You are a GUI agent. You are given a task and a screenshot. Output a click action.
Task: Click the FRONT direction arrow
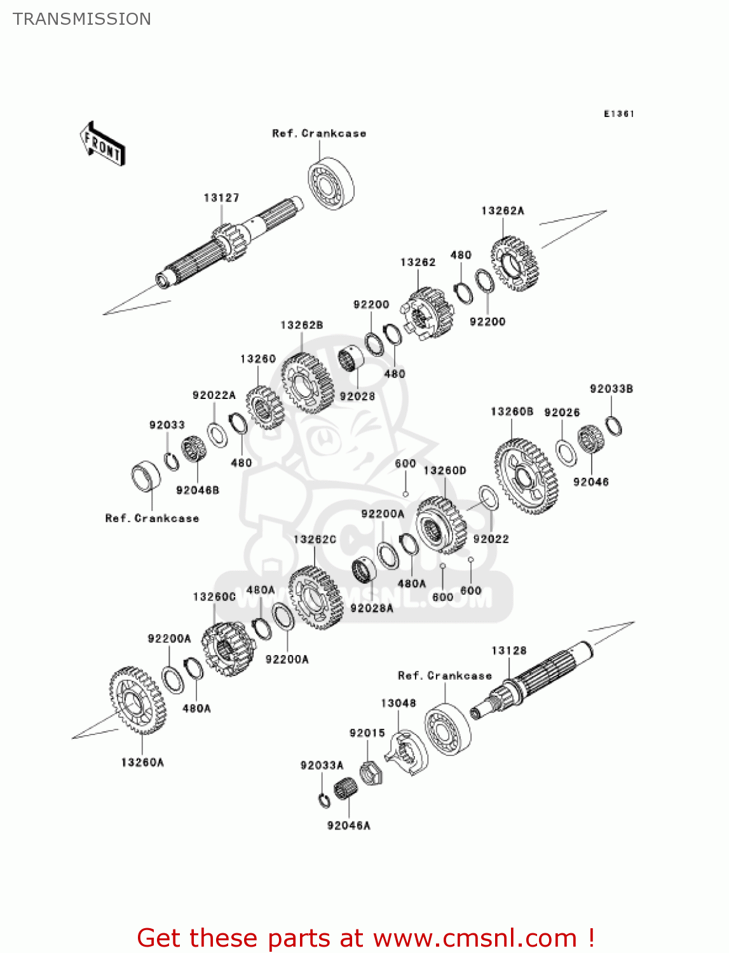102,144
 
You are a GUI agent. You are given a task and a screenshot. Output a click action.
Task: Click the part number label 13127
221,198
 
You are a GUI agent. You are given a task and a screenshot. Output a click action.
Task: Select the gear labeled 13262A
514,264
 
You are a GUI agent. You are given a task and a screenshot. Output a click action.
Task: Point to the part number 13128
509,651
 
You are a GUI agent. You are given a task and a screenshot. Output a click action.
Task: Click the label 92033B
611,389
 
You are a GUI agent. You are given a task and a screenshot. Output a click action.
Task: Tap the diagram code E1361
619,114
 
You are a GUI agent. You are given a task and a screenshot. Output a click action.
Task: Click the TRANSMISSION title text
82,19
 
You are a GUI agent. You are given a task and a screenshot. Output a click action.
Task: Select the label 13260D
445,471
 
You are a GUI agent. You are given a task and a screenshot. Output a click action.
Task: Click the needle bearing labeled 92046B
193,450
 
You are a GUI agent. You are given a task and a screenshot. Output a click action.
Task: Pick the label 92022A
214,395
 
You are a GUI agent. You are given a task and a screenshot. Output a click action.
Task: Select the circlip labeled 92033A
324,800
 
